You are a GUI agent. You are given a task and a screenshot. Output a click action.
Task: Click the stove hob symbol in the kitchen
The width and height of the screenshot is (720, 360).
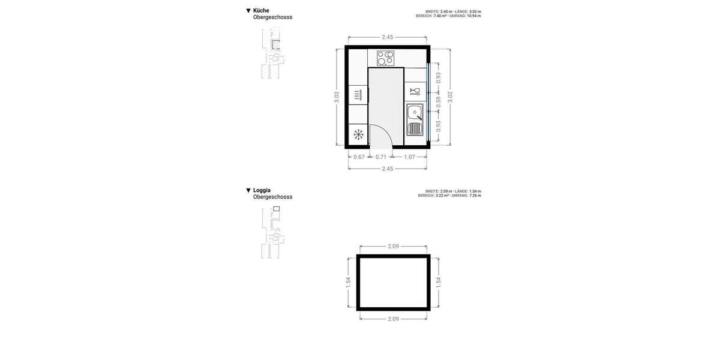(x=385, y=58)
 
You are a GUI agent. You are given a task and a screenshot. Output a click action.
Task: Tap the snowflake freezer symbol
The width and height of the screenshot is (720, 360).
(x=358, y=135)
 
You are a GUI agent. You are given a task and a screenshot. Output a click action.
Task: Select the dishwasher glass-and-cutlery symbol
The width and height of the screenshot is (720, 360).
(x=415, y=91)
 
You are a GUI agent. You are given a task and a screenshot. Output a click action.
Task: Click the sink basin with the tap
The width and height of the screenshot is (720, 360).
(x=414, y=112)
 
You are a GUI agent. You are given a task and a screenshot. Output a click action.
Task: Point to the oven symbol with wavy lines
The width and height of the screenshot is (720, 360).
(x=358, y=95)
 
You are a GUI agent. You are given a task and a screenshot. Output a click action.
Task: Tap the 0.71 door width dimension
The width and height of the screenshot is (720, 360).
(x=381, y=157)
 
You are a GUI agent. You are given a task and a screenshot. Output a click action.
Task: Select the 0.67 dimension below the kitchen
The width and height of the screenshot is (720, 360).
(x=359, y=157)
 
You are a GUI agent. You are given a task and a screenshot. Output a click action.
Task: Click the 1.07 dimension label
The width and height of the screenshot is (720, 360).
(x=409, y=157)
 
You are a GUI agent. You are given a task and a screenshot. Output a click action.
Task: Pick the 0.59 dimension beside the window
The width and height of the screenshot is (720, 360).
(x=439, y=102)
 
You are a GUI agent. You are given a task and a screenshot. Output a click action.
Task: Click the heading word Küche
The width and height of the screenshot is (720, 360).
(x=261, y=10)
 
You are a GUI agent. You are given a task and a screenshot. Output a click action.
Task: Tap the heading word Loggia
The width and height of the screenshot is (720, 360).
(x=262, y=190)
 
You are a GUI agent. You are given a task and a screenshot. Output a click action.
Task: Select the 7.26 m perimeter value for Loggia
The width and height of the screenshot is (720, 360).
(x=474, y=196)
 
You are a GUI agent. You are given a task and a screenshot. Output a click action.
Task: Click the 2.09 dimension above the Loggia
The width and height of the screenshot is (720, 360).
(x=394, y=247)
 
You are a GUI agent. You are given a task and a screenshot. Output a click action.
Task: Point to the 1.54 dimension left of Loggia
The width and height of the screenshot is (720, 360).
(x=348, y=283)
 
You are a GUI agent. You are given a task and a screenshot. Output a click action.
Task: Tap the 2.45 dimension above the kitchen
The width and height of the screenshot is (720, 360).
(x=388, y=37)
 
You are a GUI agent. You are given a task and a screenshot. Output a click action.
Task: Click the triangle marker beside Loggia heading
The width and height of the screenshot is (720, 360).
(x=248, y=190)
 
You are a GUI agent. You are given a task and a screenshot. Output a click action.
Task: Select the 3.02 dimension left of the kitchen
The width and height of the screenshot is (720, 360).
(x=337, y=97)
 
